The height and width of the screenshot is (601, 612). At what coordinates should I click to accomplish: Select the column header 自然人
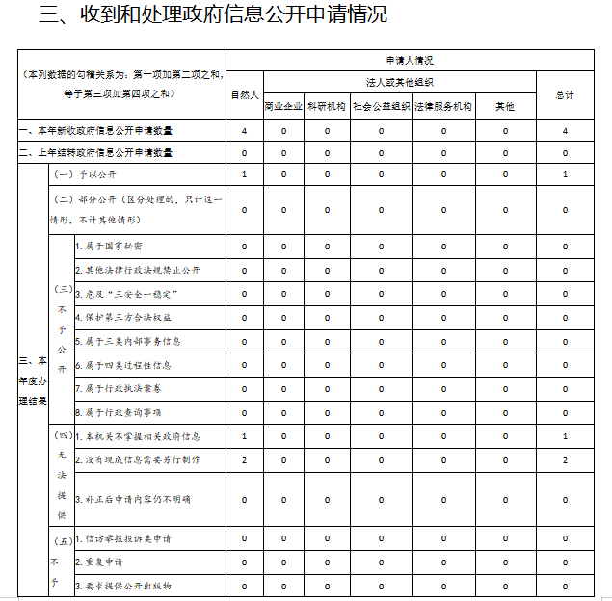point(245,94)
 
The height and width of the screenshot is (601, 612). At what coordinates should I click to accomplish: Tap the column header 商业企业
point(283,106)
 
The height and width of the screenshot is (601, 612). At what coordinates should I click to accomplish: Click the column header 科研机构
point(327,106)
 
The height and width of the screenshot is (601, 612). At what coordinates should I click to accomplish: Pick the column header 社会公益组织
point(381,106)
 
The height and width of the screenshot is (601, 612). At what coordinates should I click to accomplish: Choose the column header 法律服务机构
point(443,106)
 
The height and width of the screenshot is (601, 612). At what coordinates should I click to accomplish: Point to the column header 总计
point(565,94)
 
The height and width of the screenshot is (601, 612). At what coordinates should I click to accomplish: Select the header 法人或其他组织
point(400,82)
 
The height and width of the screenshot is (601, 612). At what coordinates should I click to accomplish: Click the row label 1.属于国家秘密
point(115,247)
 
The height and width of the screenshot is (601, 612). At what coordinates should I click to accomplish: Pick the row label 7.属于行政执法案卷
point(121,388)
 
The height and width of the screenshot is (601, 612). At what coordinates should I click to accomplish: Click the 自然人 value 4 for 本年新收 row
point(245,130)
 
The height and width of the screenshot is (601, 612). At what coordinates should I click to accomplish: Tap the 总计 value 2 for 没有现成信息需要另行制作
point(565,460)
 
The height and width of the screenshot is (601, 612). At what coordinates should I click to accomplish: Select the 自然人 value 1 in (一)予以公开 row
point(245,174)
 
